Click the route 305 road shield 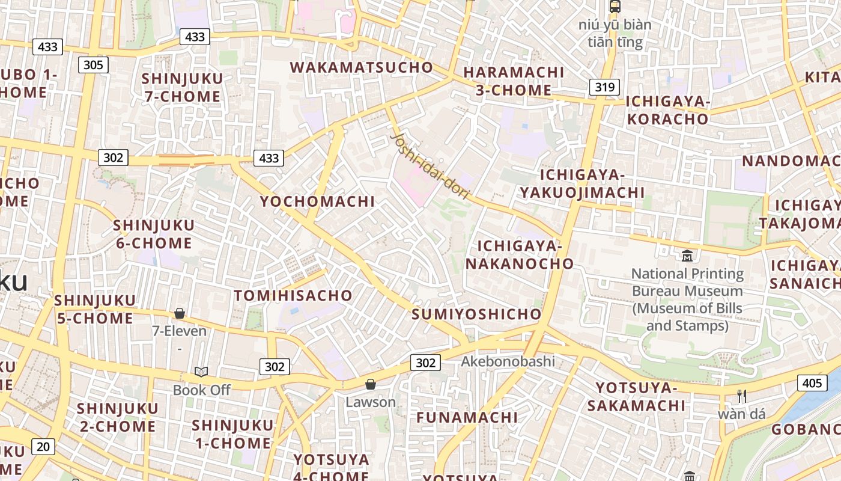click(93, 65)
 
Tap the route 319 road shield click(604, 87)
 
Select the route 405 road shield click(812, 383)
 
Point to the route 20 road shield click(43, 447)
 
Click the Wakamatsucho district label click(362, 67)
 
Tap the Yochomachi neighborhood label click(317, 201)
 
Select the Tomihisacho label click(293, 295)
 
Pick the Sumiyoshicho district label click(476, 314)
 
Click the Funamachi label click(467, 417)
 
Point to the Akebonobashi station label click(508, 361)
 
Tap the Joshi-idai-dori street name click(430, 164)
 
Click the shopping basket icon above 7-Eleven click(179, 313)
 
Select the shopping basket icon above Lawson click(371, 384)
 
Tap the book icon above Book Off click(201, 372)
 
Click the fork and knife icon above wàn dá click(742, 396)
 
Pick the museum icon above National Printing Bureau click(687, 256)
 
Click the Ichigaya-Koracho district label click(668, 110)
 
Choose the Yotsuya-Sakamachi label click(636, 397)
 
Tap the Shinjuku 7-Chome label click(182, 87)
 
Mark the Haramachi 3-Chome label click(514, 81)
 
